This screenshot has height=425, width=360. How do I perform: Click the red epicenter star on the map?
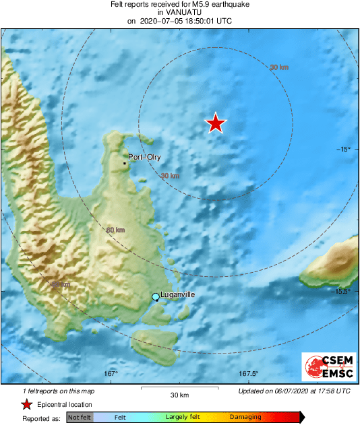(x=215, y=123)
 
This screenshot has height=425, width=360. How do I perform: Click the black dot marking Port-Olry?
(x=125, y=163)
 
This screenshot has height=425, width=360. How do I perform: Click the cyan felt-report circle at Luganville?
(x=156, y=297)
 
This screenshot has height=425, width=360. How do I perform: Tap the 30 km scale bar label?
(x=179, y=395)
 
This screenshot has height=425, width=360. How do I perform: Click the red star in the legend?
(x=26, y=404)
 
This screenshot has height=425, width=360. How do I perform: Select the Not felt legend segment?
(x=80, y=418)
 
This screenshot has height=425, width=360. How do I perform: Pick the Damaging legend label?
(x=245, y=418)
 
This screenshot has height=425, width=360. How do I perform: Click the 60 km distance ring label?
(x=116, y=230)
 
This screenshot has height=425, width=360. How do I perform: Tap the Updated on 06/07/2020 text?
(x=295, y=391)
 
